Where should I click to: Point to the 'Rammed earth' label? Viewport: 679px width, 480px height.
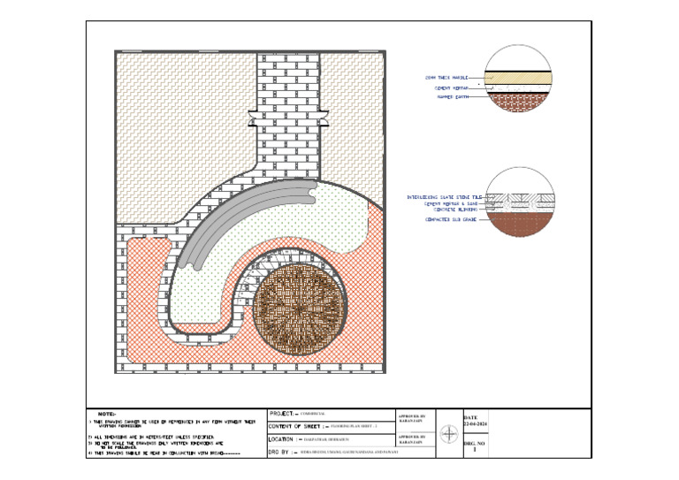pyautogui.click(x=451, y=97)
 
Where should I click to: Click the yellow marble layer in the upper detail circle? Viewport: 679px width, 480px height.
pyautogui.click(x=519, y=77)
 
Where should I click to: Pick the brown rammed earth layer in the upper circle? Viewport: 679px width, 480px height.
pyautogui.click(x=519, y=101)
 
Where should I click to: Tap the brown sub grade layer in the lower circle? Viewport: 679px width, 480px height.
pyautogui.click(x=519, y=225)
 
